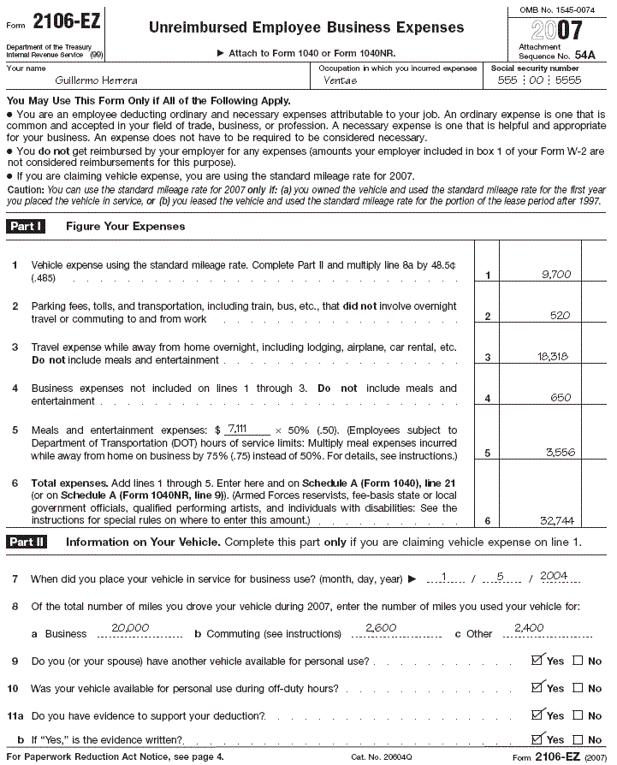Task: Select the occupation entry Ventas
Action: click(x=341, y=80)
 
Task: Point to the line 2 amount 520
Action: click(x=560, y=316)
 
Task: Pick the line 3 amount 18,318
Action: click(x=554, y=357)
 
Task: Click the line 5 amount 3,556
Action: click(x=557, y=453)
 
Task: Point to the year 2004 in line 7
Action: click(x=554, y=576)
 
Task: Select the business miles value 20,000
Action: click(x=130, y=628)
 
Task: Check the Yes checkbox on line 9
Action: click(x=537, y=661)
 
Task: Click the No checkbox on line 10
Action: click(x=578, y=688)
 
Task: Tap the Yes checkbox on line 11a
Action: click(x=537, y=715)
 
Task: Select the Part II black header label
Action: click(x=33, y=542)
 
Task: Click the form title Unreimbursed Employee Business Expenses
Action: click(x=306, y=27)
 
